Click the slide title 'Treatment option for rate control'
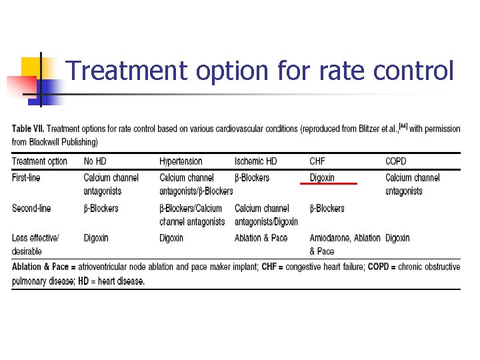click(260, 71)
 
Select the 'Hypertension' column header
click(181, 161)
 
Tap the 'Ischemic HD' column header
click(255, 161)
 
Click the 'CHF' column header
click(317, 161)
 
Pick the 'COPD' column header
click(395, 161)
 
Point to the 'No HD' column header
click(95, 161)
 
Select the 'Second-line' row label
click(31, 209)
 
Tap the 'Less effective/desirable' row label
click(35, 244)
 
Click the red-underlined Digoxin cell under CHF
click(322, 178)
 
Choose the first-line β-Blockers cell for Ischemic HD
click(252, 178)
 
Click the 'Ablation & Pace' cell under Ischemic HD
click(261, 238)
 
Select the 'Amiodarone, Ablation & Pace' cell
click(345, 244)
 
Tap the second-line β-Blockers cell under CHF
click(327, 209)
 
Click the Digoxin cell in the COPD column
click(397, 238)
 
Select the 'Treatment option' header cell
click(39, 161)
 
